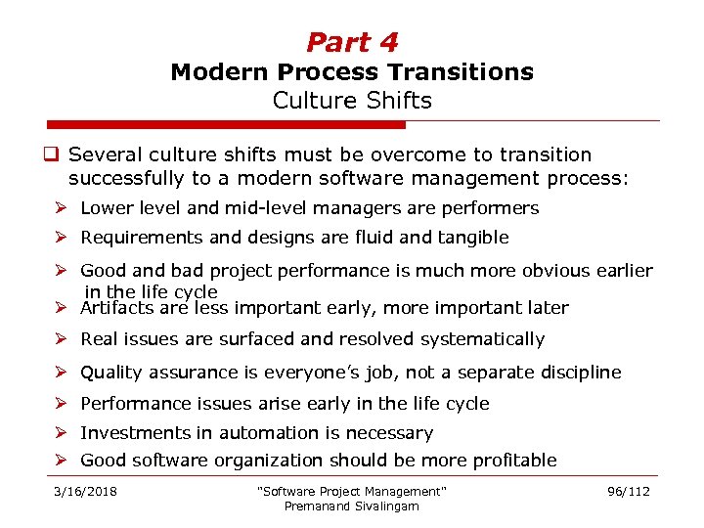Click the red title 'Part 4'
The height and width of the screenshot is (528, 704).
click(352, 42)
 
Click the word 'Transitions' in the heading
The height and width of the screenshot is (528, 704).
click(471, 72)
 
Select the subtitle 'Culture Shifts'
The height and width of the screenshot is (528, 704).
click(352, 101)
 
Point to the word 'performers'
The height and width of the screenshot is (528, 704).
click(492, 208)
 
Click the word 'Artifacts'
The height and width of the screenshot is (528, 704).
click(116, 308)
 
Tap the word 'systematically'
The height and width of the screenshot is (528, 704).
click(482, 339)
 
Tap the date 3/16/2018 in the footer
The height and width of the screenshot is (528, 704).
click(85, 492)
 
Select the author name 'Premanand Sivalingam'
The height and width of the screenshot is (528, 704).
click(351, 506)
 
